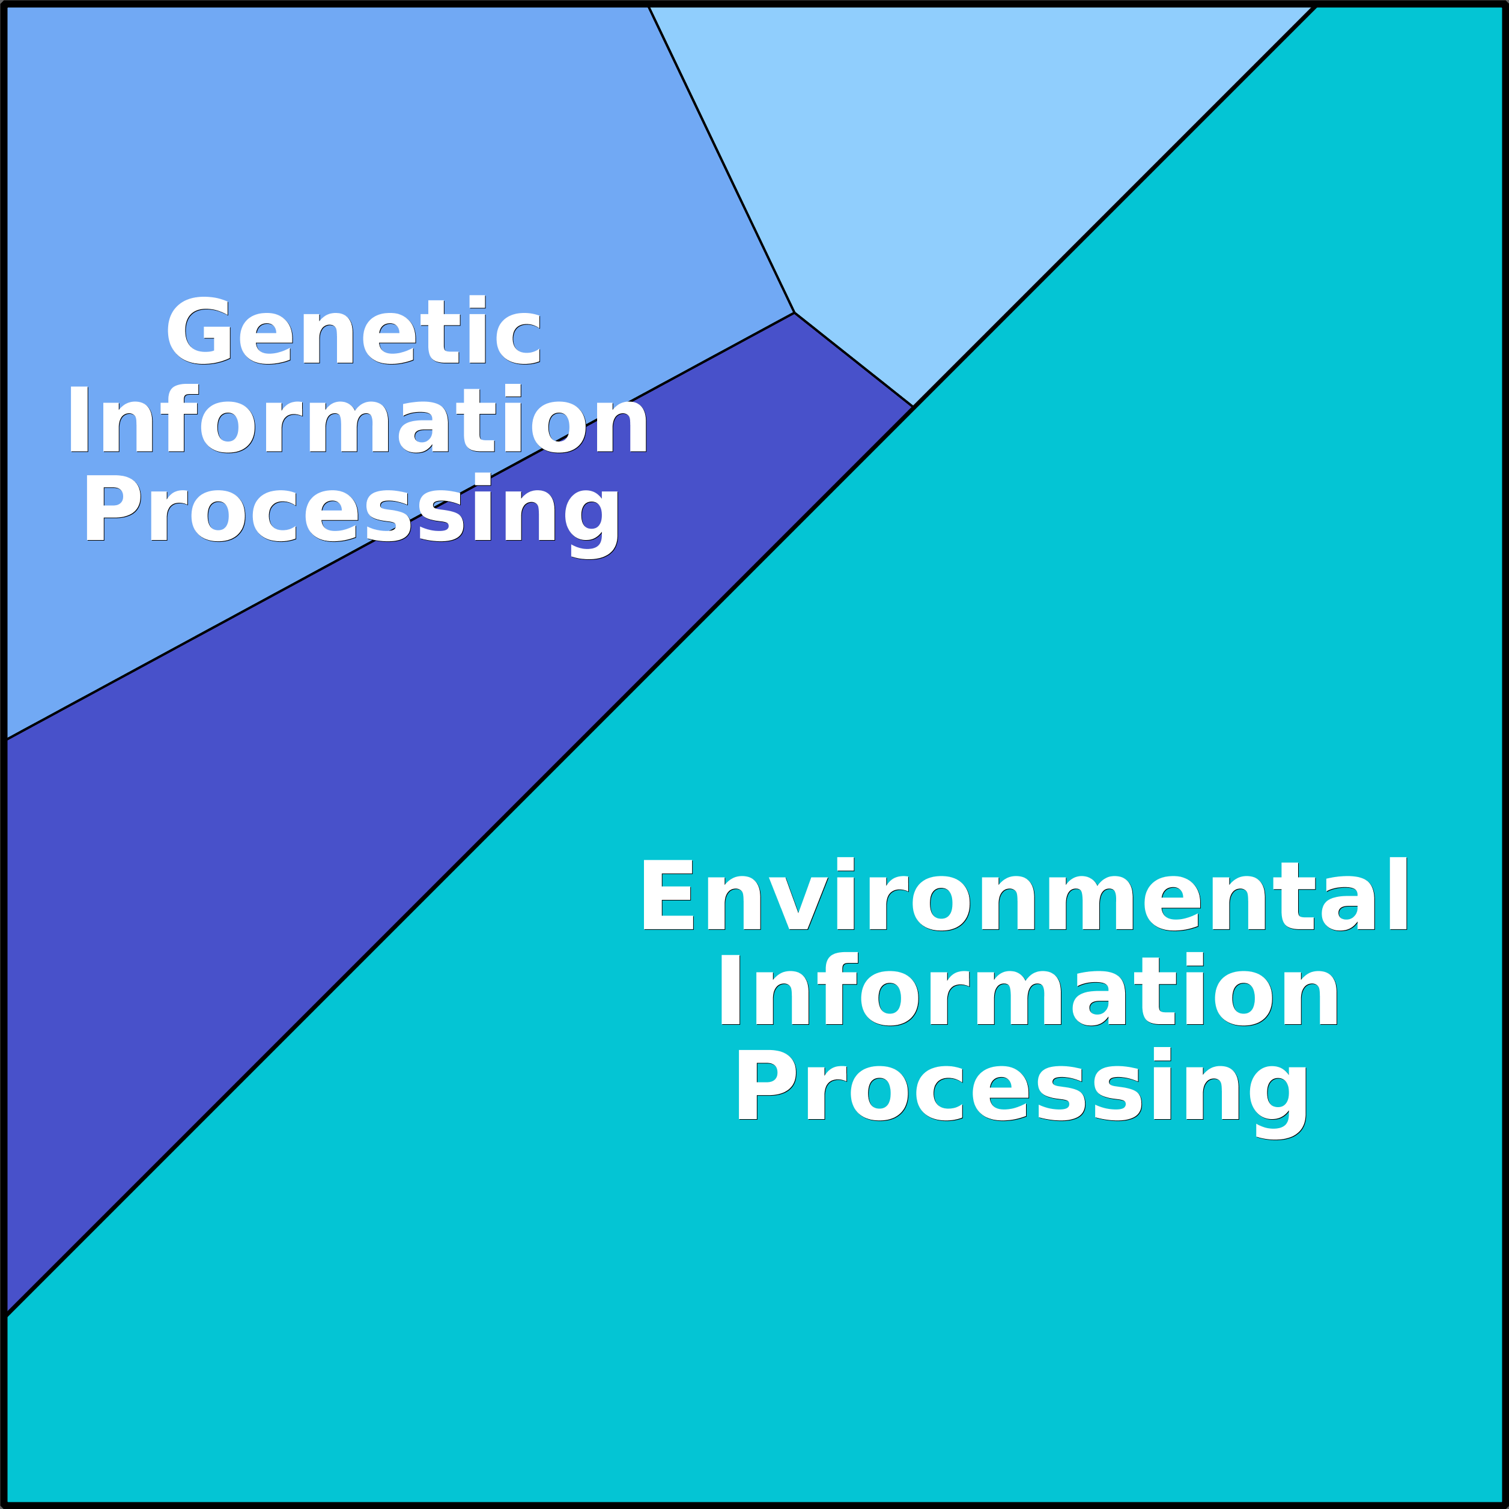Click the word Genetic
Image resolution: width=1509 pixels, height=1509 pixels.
pos(354,330)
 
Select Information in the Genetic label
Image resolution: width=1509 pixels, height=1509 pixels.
pos(357,418)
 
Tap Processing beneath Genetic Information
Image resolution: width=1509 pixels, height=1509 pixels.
pos(352,515)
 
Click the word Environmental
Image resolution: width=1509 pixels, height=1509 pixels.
pos(1024,893)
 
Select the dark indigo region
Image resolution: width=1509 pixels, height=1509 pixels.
pos(390,703)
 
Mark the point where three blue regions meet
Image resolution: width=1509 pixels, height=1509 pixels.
pos(794,312)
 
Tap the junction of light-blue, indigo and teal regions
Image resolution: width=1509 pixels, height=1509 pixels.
pos(913,406)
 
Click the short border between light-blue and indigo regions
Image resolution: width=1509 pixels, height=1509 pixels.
pos(854,359)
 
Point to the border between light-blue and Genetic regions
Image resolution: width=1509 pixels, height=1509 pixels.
pos(721,159)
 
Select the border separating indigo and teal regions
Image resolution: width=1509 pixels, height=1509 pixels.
pos(460,861)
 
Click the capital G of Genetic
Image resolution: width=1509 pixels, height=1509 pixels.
pos(199,330)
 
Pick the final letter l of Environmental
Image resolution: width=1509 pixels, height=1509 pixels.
pos(1399,893)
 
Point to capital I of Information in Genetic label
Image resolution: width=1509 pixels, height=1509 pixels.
pos(78,419)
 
